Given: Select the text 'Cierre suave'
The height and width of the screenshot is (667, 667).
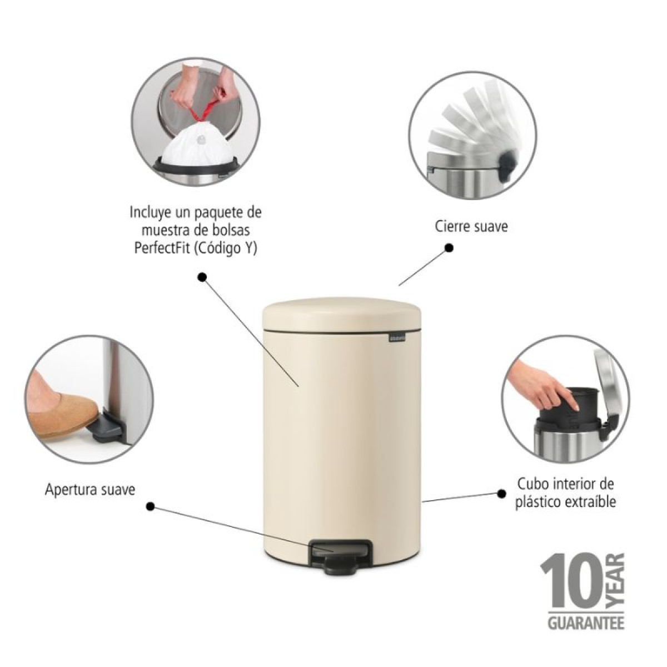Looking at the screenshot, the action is [471, 226].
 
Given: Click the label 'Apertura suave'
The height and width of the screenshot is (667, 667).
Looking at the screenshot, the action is [90, 490].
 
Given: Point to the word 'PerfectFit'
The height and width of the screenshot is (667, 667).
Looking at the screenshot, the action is [161, 248].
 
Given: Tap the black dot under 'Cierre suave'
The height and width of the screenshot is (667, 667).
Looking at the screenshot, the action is [449, 248].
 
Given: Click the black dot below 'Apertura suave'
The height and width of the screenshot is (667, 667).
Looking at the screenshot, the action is [150, 507].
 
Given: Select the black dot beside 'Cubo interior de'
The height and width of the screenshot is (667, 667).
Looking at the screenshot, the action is [501, 494].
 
